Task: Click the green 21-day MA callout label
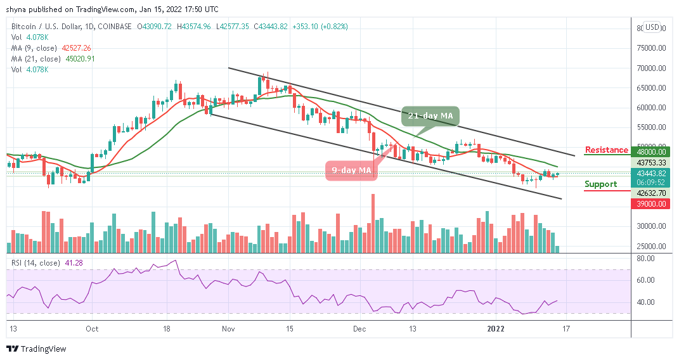tap(429, 117)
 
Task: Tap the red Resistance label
tap(607, 150)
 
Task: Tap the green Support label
tap(601, 184)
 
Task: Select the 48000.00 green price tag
tap(652, 152)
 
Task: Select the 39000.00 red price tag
tap(652, 204)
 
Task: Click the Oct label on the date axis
tap(92, 329)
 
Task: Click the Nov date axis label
tap(229, 329)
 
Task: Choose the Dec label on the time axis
tap(360, 329)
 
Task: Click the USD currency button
tap(652, 27)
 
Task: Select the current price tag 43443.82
tap(652, 174)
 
